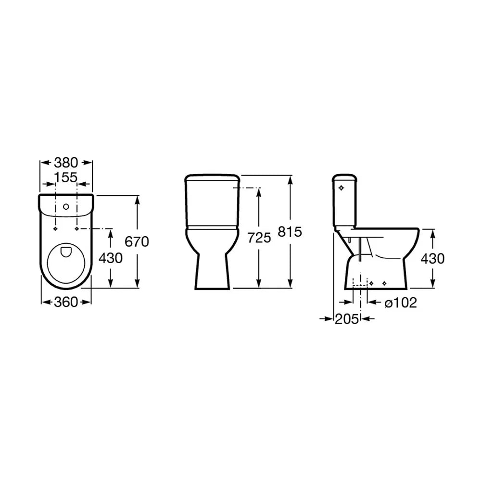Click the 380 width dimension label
click(66, 163)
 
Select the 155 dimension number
click(65, 177)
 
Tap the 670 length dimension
click(137, 242)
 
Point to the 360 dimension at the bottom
click(66, 302)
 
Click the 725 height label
click(259, 238)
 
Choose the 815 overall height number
click(290, 232)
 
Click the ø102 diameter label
click(401, 303)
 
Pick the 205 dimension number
click(347, 319)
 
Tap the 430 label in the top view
click(111, 258)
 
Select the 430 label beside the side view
click(432, 259)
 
